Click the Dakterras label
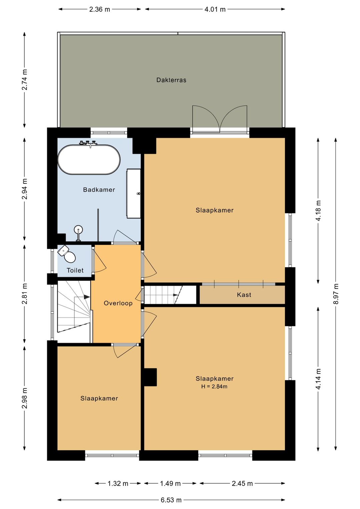[171, 80]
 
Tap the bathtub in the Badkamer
[89, 159]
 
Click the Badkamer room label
[99, 189]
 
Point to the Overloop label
[118, 303]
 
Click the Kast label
[244, 295]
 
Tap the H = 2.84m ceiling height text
[214, 386]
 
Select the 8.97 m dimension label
[336, 294]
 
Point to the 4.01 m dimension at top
[215, 9]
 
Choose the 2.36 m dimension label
[99, 9]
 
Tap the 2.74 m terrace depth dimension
[25, 80]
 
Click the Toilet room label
[75, 271]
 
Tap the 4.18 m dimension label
[318, 210]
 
